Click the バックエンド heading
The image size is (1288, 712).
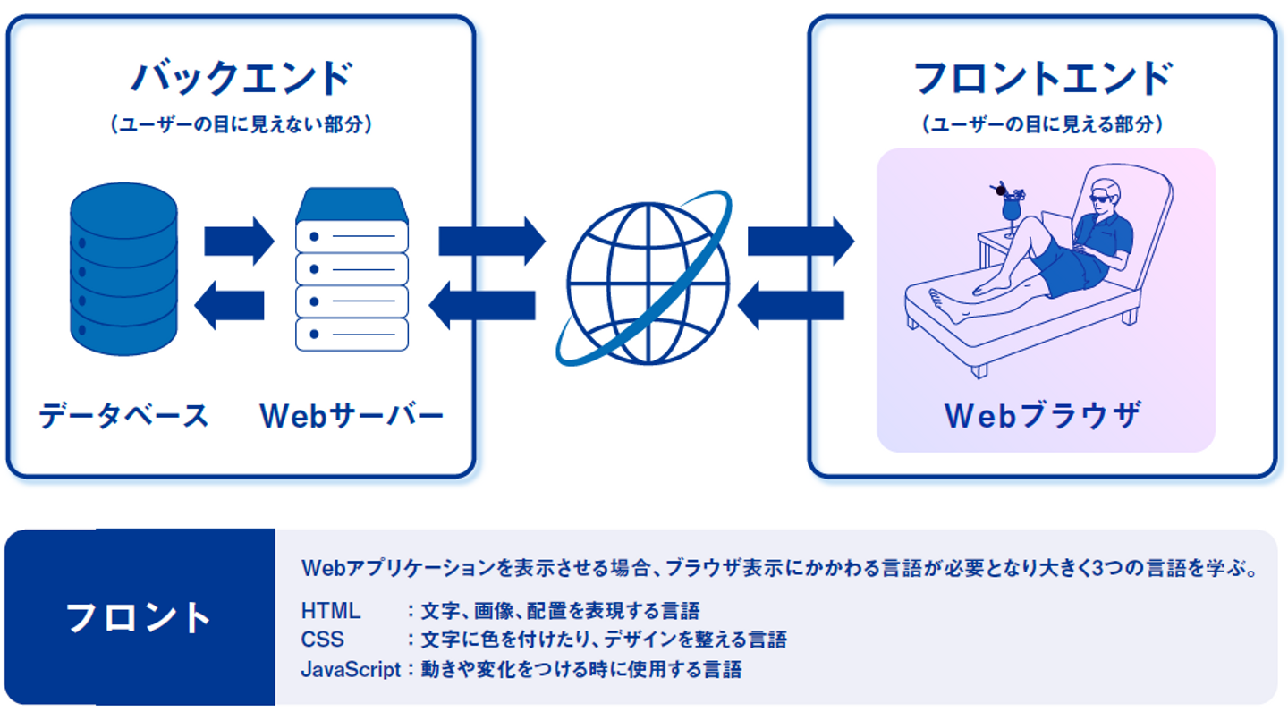pyautogui.click(x=241, y=77)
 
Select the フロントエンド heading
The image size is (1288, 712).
pyautogui.click(x=1042, y=77)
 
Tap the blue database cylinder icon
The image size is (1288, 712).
pyautogui.click(x=123, y=268)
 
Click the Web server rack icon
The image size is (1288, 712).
pyautogui.click(x=352, y=268)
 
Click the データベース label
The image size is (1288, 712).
pyautogui.click(x=123, y=416)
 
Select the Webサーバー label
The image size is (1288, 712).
pyautogui.click(x=352, y=416)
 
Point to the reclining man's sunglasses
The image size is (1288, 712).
pyautogui.click(x=1106, y=195)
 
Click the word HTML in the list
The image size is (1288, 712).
pyautogui.click(x=331, y=611)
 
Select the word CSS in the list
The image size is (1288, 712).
pyautogui.click(x=322, y=640)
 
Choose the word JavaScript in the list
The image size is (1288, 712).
pyautogui.click(x=351, y=669)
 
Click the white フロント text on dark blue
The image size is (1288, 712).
pyautogui.click(x=139, y=618)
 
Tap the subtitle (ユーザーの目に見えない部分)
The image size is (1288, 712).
pyautogui.click(x=241, y=125)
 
